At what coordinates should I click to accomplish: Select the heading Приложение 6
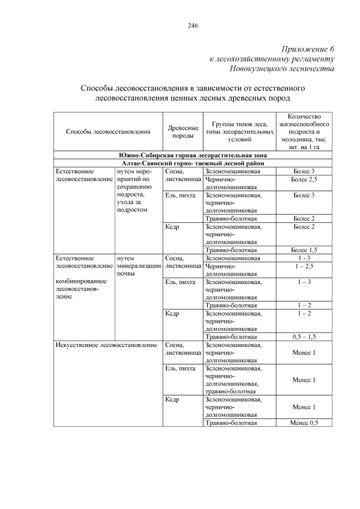point(306,49)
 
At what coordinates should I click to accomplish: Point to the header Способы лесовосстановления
point(108,132)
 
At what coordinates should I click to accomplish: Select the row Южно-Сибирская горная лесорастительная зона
point(192,155)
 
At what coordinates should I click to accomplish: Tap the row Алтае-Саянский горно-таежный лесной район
point(192,163)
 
